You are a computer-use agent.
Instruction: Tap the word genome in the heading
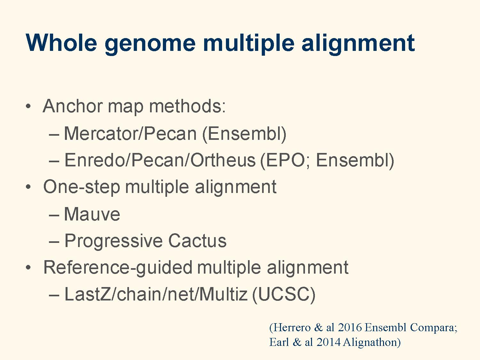[150, 44]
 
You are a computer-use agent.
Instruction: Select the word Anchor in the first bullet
[73, 106]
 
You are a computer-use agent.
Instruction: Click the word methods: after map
[187, 106]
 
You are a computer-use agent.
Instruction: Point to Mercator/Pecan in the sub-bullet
[130, 133]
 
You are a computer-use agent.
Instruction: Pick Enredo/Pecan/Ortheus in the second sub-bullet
[160, 160]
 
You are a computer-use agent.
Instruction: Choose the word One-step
[82, 188]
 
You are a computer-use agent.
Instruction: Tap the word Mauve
[92, 214]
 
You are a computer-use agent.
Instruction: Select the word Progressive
[114, 241]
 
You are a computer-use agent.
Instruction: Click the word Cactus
[197, 241]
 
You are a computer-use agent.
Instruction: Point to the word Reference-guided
[118, 268]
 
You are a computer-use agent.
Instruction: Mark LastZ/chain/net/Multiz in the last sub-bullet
[156, 294]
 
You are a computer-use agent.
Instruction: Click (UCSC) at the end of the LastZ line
[284, 295]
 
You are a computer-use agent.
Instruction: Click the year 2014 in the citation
[328, 342]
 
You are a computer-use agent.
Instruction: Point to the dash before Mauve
[54, 215]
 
